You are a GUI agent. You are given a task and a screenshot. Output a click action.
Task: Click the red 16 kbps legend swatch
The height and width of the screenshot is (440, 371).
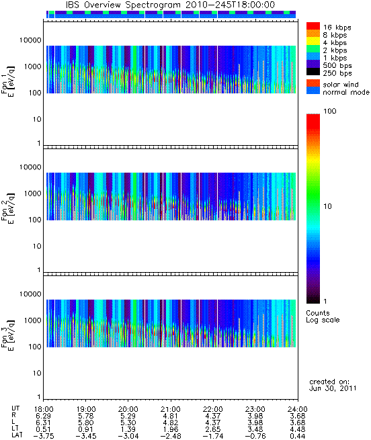(313, 26)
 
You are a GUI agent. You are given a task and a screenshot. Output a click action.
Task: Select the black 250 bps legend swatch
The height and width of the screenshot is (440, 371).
(313, 72)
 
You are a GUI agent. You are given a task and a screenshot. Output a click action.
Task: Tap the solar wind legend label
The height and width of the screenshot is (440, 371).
(340, 85)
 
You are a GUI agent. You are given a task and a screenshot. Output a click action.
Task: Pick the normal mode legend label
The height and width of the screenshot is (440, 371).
(346, 92)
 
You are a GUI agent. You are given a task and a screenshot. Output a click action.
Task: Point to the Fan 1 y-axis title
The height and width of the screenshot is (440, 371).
(8, 82)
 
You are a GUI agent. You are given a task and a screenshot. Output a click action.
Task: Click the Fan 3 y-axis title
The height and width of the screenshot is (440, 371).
(8, 335)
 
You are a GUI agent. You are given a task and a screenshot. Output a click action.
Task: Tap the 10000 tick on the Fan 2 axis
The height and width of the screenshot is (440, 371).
(30, 167)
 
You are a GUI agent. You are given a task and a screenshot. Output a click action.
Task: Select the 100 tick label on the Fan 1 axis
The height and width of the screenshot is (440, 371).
(35, 93)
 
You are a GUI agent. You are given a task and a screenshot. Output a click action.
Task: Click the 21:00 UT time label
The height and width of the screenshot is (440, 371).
(171, 409)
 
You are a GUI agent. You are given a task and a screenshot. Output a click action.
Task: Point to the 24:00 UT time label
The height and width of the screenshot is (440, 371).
(298, 409)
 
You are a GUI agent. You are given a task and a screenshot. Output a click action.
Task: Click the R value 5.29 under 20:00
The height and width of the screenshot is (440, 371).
(128, 416)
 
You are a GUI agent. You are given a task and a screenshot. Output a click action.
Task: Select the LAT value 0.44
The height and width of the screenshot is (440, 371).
(298, 436)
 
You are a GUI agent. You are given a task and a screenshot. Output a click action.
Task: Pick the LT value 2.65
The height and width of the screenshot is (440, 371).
(213, 429)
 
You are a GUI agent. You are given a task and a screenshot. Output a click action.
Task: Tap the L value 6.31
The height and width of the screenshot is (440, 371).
(43, 423)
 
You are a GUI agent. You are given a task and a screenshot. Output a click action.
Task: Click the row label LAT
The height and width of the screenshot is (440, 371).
(17, 436)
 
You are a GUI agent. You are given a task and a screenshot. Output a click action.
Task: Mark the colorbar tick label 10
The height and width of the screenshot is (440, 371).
(328, 206)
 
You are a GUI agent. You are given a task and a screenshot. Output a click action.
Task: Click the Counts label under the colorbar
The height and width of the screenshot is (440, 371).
(318, 313)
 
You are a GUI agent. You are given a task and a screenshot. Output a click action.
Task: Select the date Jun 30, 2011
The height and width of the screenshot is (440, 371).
(333, 388)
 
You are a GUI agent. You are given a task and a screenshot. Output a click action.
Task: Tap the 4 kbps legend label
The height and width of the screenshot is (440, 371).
(335, 43)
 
